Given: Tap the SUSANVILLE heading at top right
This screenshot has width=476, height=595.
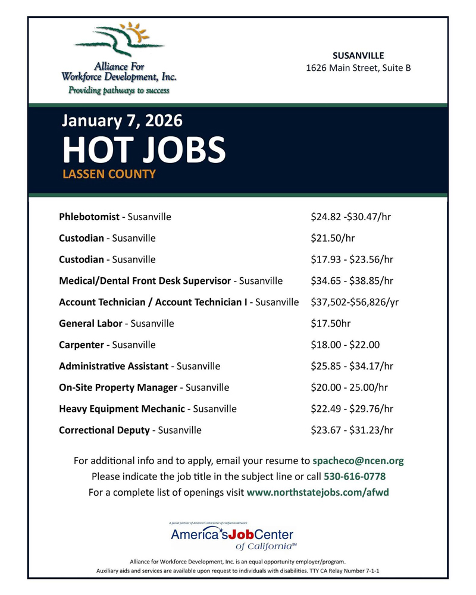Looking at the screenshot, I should (x=358, y=55).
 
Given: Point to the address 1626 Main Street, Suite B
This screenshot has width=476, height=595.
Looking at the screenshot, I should (x=358, y=68).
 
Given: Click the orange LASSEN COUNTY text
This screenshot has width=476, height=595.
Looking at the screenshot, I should (x=109, y=175).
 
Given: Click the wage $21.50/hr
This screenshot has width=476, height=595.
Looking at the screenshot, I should (x=333, y=238).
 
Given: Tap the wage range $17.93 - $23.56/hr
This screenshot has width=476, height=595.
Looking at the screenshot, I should (x=352, y=259).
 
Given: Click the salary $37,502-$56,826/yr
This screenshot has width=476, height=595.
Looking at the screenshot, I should (x=355, y=302).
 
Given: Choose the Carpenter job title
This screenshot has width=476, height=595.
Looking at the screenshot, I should (x=82, y=345).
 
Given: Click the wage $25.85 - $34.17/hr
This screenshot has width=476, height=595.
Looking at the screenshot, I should (x=352, y=366).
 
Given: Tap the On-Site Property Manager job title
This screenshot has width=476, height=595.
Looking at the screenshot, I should (x=118, y=387).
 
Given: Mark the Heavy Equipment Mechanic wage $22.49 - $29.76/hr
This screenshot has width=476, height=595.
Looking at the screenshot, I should (x=352, y=409).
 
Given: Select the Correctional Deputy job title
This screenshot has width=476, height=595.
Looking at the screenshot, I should (x=104, y=430).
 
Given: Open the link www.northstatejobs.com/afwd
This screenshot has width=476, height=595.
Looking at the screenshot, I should (x=318, y=493).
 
